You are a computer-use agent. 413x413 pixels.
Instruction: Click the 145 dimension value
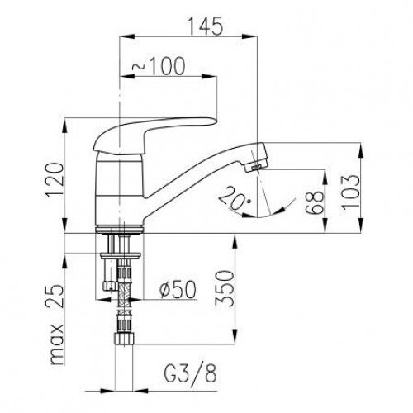click(x=205, y=26)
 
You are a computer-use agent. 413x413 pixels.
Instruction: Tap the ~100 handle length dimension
click(x=159, y=66)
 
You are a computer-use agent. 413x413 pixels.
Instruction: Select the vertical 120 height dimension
click(x=55, y=180)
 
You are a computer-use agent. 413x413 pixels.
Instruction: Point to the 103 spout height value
click(x=351, y=192)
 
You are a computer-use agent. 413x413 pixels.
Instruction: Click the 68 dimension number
click(x=315, y=202)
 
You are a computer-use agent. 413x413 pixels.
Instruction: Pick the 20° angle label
click(x=235, y=199)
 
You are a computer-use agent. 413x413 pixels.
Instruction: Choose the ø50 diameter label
click(x=178, y=290)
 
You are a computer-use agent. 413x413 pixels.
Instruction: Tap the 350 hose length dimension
click(x=225, y=288)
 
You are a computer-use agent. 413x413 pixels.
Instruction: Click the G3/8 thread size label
click(x=191, y=374)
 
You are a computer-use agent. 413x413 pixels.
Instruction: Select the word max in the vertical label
click(x=56, y=344)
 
